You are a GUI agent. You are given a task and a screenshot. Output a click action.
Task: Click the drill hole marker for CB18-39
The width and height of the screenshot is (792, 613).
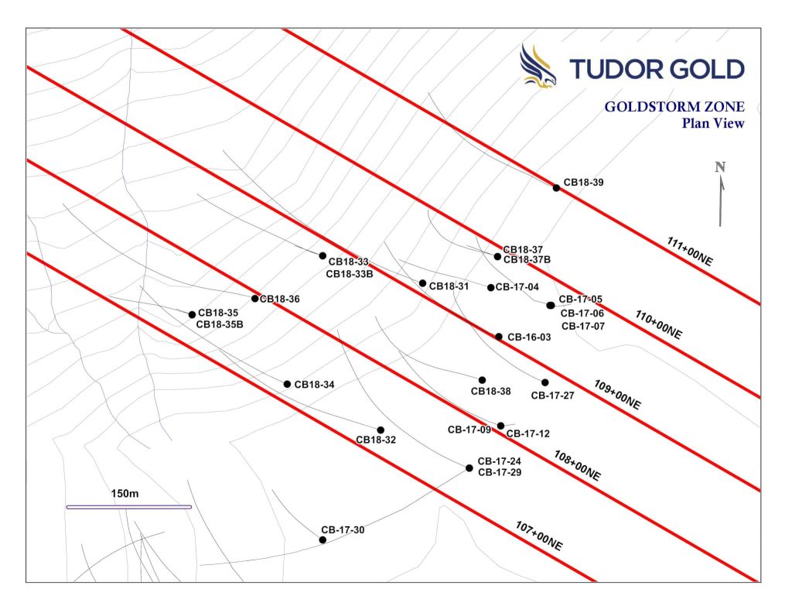[556, 187]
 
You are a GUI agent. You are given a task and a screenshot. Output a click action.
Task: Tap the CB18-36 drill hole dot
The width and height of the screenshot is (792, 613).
[255, 299]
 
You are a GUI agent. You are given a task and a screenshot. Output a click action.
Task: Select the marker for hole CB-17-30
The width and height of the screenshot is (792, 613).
[323, 539]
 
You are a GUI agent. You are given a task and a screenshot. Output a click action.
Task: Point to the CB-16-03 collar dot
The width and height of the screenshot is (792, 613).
[499, 337]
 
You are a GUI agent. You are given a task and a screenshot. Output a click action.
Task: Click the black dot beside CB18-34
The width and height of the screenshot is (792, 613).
[287, 384]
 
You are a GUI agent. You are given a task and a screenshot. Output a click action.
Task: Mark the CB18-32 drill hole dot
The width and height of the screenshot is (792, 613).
[381, 430]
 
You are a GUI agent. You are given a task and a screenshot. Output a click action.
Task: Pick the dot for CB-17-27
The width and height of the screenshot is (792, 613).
[544, 382]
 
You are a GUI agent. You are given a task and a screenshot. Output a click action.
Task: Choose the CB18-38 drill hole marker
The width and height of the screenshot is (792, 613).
[482, 380]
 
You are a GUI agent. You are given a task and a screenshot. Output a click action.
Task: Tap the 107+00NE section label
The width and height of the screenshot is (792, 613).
[539, 536]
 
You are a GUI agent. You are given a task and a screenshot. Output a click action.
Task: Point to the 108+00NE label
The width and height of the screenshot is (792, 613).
[577, 465]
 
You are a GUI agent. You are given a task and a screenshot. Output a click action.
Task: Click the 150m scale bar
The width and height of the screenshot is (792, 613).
[128, 507]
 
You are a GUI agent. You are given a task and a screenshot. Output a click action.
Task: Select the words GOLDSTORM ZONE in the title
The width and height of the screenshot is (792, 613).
[674, 108]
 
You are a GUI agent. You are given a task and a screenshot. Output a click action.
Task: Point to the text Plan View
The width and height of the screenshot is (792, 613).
[712, 124]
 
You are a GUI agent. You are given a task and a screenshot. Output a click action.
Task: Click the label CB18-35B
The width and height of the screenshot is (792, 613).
[220, 324]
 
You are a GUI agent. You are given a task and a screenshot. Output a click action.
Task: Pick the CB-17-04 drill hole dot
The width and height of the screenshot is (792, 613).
[490, 288]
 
